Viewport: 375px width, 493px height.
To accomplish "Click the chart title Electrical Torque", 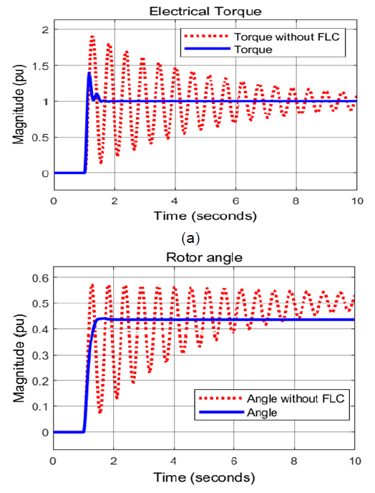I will (204, 11).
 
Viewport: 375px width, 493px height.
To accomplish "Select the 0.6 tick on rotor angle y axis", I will (38, 277).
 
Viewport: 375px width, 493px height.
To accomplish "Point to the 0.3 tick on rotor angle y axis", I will (38, 355).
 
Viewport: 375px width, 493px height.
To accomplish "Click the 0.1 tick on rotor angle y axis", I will (38, 406).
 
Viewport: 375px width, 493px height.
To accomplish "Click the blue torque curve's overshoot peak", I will (89, 73).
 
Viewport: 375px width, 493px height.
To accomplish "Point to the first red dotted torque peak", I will (92, 36).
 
